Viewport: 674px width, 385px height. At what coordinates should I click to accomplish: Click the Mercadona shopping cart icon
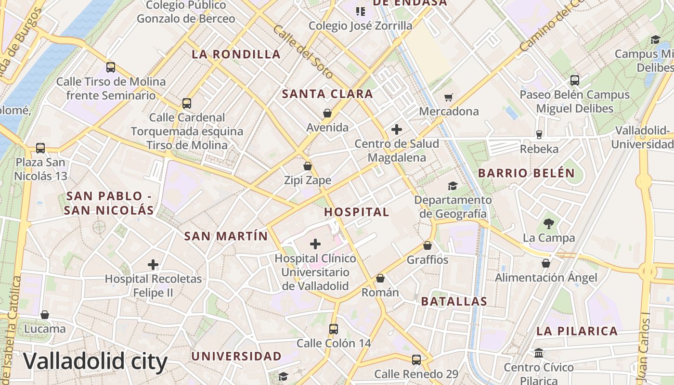pyautogui.click(x=448, y=98)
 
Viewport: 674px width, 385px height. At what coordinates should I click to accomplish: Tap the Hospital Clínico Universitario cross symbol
pyautogui.click(x=315, y=244)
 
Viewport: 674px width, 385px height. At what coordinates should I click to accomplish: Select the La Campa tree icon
pyautogui.click(x=548, y=223)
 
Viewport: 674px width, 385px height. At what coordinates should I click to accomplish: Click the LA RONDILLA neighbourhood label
pyautogui.click(x=236, y=54)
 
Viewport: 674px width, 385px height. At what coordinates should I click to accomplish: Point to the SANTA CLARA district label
pyautogui.click(x=327, y=94)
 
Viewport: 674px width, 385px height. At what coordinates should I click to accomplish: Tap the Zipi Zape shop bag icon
pyautogui.click(x=308, y=167)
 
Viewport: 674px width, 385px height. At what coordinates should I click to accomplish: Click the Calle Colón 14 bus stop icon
pyautogui.click(x=334, y=329)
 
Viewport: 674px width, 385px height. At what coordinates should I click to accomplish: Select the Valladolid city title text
pyautogui.click(x=95, y=361)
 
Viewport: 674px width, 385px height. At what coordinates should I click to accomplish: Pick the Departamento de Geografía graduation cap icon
pyautogui.click(x=453, y=186)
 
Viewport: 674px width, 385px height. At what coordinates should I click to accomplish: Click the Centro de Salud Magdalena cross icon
pyautogui.click(x=397, y=129)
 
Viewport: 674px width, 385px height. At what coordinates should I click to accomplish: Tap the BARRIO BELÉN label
pyautogui.click(x=526, y=173)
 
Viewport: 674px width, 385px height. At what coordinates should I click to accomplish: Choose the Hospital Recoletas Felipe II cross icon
pyautogui.click(x=153, y=265)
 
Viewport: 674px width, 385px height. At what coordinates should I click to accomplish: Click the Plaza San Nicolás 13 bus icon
pyautogui.click(x=40, y=148)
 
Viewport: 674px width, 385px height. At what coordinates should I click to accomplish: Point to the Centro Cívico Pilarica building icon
pyautogui.click(x=539, y=353)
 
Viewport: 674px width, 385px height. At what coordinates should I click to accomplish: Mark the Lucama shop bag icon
pyautogui.click(x=45, y=315)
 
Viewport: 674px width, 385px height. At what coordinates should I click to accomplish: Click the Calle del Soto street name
pyautogui.click(x=303, y=52)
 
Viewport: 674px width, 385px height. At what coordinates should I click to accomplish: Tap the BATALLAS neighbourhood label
pyautogui.click(x=454, y=302)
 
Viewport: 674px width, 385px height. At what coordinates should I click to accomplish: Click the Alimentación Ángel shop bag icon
pyautogui.click(x=546, y=263)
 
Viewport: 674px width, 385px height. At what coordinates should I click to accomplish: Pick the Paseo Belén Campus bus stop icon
pyautogui.click(x=574, y=80)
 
